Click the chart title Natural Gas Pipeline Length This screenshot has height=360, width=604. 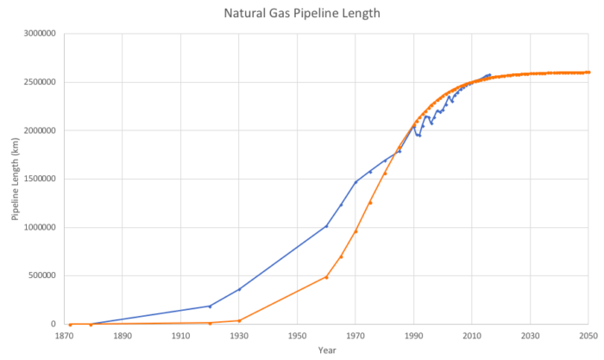tap(301, 14)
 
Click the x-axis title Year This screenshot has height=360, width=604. tap(326, 351)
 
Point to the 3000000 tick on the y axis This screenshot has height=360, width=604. tap(40, 34)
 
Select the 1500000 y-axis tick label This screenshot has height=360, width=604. tap(40, 179)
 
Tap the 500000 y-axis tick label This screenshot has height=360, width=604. tap(42, 275)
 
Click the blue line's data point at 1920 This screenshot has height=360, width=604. tap(210, 306)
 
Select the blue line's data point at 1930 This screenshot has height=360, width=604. tap(239, 289)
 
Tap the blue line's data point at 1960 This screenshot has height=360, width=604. tap(326, 226)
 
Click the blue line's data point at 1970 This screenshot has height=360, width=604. tap(355, 182)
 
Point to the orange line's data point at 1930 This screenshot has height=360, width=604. tap(239, 320)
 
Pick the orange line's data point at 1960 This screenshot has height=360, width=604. tap(326, 277)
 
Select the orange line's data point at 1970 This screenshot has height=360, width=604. tap(355, 231)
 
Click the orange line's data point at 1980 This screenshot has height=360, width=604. tap(385, 174)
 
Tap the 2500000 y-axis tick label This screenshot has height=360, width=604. tap(40, 82)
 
